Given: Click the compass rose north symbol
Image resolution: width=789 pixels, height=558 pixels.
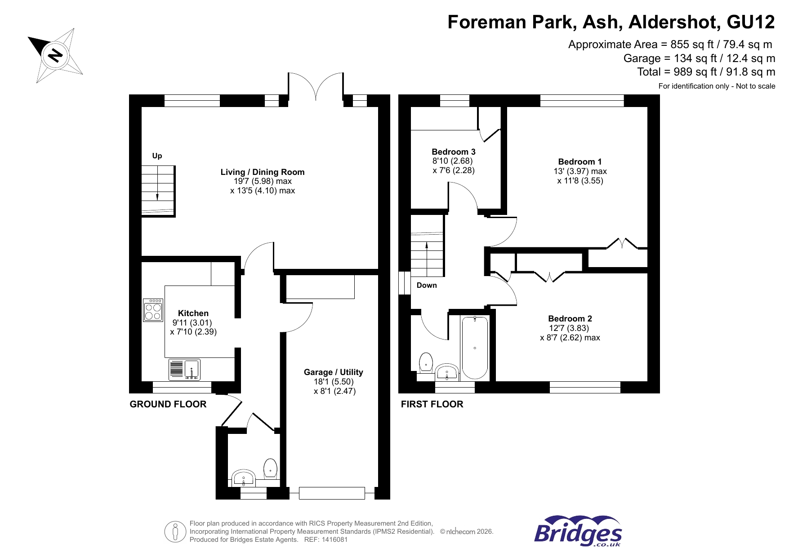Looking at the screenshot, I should [x=55, y=55].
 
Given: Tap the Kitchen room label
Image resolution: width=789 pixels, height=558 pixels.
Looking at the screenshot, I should [x=193, y=313].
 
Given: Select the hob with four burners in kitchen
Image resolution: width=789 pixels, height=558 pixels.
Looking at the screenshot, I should [x=153, y=310].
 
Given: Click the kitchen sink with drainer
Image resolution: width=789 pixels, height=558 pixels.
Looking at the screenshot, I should [x=184, y=370].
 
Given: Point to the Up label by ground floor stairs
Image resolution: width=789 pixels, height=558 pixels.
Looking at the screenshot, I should [x=157, y=156].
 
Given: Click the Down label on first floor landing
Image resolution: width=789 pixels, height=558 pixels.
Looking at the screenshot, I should [x=426, y=285].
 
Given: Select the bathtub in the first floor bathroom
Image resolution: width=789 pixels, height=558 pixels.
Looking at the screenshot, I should [x=475, y=348].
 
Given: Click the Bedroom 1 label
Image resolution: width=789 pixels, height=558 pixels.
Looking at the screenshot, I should [x=579, y=161].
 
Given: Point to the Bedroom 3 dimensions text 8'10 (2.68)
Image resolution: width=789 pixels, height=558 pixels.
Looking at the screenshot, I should [x=452, y=161].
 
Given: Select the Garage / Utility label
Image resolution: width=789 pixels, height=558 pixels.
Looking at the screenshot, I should [x=333, y=372].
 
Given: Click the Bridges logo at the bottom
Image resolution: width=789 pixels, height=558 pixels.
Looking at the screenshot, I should [x=578, y=532].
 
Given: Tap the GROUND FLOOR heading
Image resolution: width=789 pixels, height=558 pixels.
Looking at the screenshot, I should [x=168, y=404].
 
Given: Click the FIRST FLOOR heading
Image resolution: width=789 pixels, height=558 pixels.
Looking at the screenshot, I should [x=432, y=404].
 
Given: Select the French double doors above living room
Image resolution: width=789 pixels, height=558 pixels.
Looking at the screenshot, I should [x=316, y=86].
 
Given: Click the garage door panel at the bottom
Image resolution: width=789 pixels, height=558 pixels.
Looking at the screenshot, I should [x=332, y=493].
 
